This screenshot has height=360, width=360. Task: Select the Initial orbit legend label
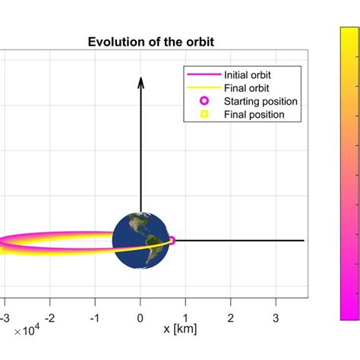pyautogui.click(x=247, y=75)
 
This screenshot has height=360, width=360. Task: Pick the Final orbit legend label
pyautogui.click(x=245, y=88)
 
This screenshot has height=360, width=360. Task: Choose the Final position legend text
pyautogui.click(x=254, y=115)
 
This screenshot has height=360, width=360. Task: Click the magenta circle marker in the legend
pyautogui.click(x=203, y=101)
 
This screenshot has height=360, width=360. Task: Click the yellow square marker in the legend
pyautogui.click(x=203, y=115)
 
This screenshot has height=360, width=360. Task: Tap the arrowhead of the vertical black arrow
pyautogui.click(x=140, y=81)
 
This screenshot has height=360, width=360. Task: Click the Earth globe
pyautogui.click(x=140, y=240)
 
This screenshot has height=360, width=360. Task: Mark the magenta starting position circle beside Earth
pyautogui.click(x=171, y=240)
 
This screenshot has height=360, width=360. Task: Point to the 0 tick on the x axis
pyautogui.click(x=140, y=316)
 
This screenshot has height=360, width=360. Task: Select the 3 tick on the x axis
pyautogui.click(x=275, y=316)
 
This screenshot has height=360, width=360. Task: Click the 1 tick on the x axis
pyautogui.click(x=185, y=316)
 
